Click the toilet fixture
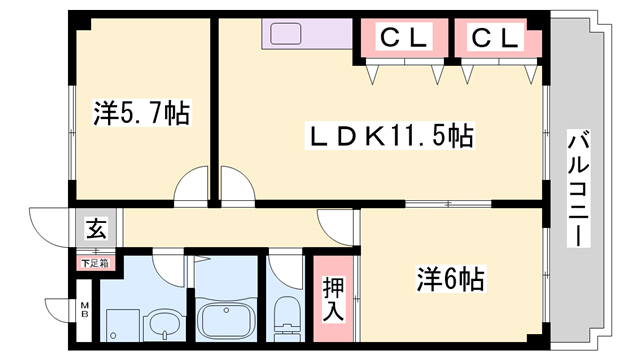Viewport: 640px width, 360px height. tap(286, 318)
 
